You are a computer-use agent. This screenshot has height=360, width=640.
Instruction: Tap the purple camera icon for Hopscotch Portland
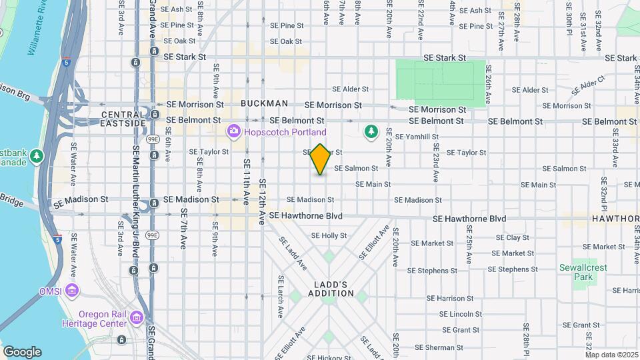pos(233,131)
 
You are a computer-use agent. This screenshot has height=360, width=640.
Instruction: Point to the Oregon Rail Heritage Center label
pos(102,319)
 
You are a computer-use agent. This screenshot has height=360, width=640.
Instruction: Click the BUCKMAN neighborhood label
pos(264,103)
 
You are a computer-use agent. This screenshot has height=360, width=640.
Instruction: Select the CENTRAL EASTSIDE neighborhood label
pos(123,119)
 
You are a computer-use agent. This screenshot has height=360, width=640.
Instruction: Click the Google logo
pos(21,352)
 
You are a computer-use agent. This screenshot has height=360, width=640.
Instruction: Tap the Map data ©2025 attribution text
pos(611,355)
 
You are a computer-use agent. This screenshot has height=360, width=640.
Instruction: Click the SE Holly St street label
pos(329,236)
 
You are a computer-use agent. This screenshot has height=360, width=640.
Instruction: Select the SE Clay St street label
pos(513,238)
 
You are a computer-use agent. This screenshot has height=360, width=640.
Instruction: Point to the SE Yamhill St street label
pos(417,137)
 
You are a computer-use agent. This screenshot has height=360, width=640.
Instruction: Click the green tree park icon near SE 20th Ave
pos(371,132)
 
